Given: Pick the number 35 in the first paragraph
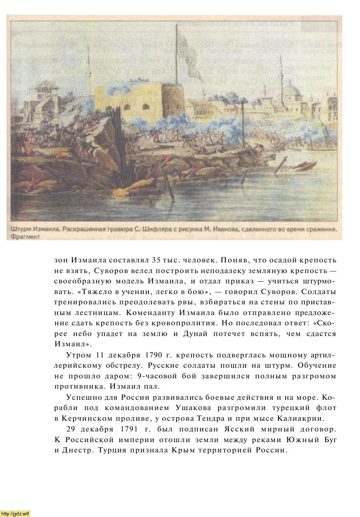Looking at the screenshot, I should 156,260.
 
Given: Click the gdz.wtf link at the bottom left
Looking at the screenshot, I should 16,513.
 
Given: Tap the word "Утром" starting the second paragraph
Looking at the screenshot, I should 77,355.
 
